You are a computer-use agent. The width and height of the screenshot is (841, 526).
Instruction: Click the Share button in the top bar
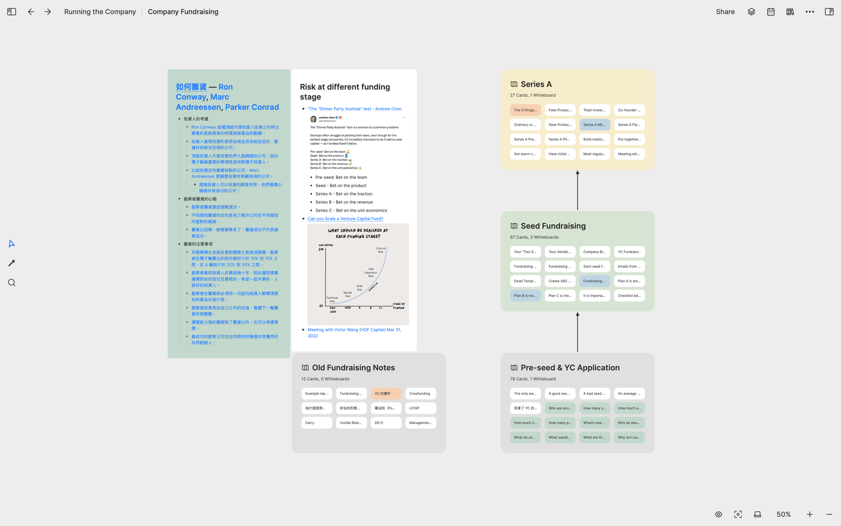click(725, 12)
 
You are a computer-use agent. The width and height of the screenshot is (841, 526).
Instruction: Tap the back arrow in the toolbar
click(31, 12)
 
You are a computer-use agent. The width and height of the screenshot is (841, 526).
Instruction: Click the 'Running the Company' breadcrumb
click(100, 12)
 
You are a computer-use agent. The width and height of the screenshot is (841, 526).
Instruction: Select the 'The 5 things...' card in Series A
click(525, 110)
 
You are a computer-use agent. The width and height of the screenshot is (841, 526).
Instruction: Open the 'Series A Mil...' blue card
click(594, 125)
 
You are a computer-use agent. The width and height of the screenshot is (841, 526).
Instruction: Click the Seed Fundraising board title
click(553, 226)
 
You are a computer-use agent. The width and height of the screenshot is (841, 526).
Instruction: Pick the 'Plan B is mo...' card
click(525, 296)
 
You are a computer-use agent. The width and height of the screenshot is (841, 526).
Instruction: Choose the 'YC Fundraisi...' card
click(629, 252)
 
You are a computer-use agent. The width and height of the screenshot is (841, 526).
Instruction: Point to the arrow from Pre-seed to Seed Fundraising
click(577, 332)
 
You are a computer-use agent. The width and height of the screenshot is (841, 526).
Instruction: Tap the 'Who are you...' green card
click(560, 408)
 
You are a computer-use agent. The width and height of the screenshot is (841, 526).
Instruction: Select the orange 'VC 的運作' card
click(386, 394)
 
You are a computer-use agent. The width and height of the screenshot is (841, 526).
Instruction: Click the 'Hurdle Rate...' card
click(351, 423)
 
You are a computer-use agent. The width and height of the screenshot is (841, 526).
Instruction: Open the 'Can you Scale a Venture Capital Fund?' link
click(345, 219)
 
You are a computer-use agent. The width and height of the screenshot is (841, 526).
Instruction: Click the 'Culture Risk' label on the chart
click(381, 250)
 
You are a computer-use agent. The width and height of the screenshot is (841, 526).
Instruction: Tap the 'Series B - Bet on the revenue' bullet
click(344, 202)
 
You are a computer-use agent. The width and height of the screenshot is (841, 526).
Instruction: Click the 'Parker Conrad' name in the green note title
click(252, 107)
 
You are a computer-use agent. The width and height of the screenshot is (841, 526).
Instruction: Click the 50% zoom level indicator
click(783, 514)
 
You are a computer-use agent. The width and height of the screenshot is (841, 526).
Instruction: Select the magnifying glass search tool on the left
click(12, 283)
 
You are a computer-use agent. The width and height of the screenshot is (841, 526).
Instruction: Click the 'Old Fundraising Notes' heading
click(353, 368)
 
